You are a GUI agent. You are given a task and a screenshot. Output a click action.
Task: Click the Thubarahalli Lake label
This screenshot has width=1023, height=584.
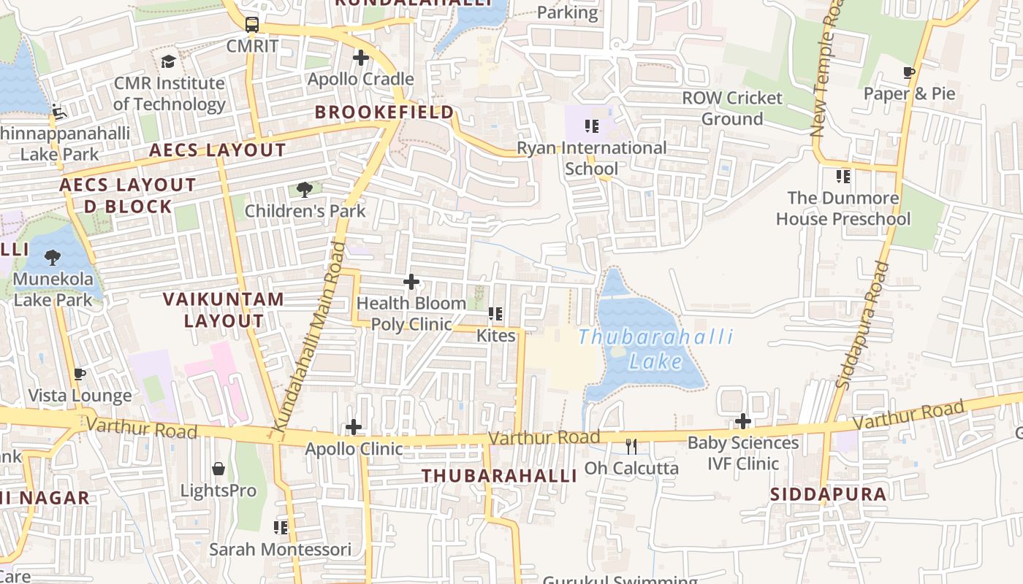pos(655,348)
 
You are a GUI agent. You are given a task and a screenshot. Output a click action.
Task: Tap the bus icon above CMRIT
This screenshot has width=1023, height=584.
pos(252,25)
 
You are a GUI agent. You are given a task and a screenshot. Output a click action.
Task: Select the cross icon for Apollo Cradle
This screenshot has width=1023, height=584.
pos(360,58)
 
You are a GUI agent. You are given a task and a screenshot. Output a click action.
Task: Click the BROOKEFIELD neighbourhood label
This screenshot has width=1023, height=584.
pos(384,112)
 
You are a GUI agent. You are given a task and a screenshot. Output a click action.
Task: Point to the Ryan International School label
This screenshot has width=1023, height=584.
pos(591,158)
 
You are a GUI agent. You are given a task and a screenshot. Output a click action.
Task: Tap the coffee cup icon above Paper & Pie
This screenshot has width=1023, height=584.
pos(909,72)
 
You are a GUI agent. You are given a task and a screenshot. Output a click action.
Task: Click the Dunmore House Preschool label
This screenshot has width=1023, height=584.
pos(843,208)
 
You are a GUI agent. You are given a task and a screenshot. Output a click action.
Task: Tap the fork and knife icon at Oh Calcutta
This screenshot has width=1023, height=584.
pos(631,446)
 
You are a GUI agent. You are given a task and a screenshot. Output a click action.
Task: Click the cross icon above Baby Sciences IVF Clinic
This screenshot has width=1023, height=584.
pos(743,421)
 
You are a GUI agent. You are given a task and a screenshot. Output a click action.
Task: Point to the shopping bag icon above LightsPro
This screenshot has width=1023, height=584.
pos(218,469)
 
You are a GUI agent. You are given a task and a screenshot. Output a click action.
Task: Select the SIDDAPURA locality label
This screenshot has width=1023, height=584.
pos(828,494)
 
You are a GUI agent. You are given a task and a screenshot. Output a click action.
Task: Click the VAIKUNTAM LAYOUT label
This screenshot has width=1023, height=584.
pos(223,310)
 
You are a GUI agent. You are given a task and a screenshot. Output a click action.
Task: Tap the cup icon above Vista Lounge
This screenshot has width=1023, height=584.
pos(80,374)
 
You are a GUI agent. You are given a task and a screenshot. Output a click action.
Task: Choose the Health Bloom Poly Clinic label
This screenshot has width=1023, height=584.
pos(411,313)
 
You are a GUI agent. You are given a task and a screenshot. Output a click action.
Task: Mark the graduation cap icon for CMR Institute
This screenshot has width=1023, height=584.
pos(169,61)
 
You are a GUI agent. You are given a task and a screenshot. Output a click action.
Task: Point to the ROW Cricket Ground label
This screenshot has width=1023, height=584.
pos(732,108)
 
